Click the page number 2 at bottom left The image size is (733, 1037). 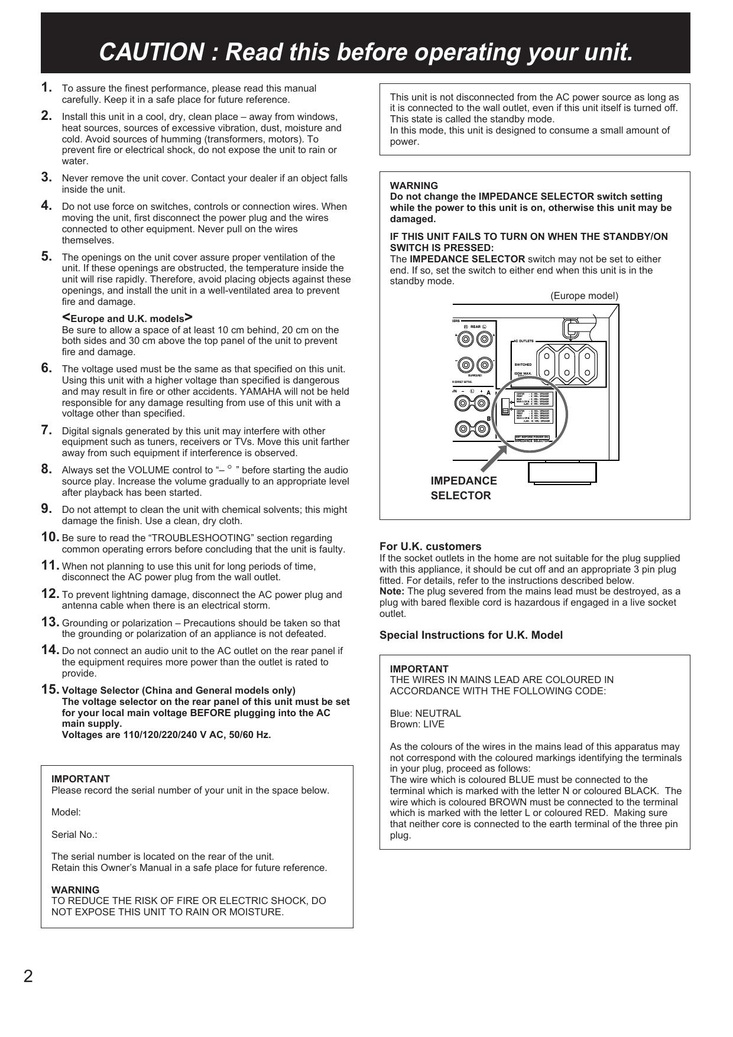[28, 976]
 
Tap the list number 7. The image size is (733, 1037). [47, 430]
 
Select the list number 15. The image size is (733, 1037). [50, 690]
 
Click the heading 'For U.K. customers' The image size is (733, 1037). [430, 546]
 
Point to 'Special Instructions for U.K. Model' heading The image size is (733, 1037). [471, 635]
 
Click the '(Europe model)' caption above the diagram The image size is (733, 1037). [584, 295]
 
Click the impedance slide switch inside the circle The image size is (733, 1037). [504, 407]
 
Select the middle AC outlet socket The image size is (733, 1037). [566, 364]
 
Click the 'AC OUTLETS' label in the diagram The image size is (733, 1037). [523, 341]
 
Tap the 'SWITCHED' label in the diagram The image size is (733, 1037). [523, 365]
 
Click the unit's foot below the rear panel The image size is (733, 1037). [562, 472]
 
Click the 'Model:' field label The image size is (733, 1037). [66, 812]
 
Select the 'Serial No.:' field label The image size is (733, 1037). [74, 834]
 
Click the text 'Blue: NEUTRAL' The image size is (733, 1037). [425, 713]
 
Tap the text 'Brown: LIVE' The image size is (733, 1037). [417, 724]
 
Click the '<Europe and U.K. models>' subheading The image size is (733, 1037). [127, 318]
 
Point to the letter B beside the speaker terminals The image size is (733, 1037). [489, 418]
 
